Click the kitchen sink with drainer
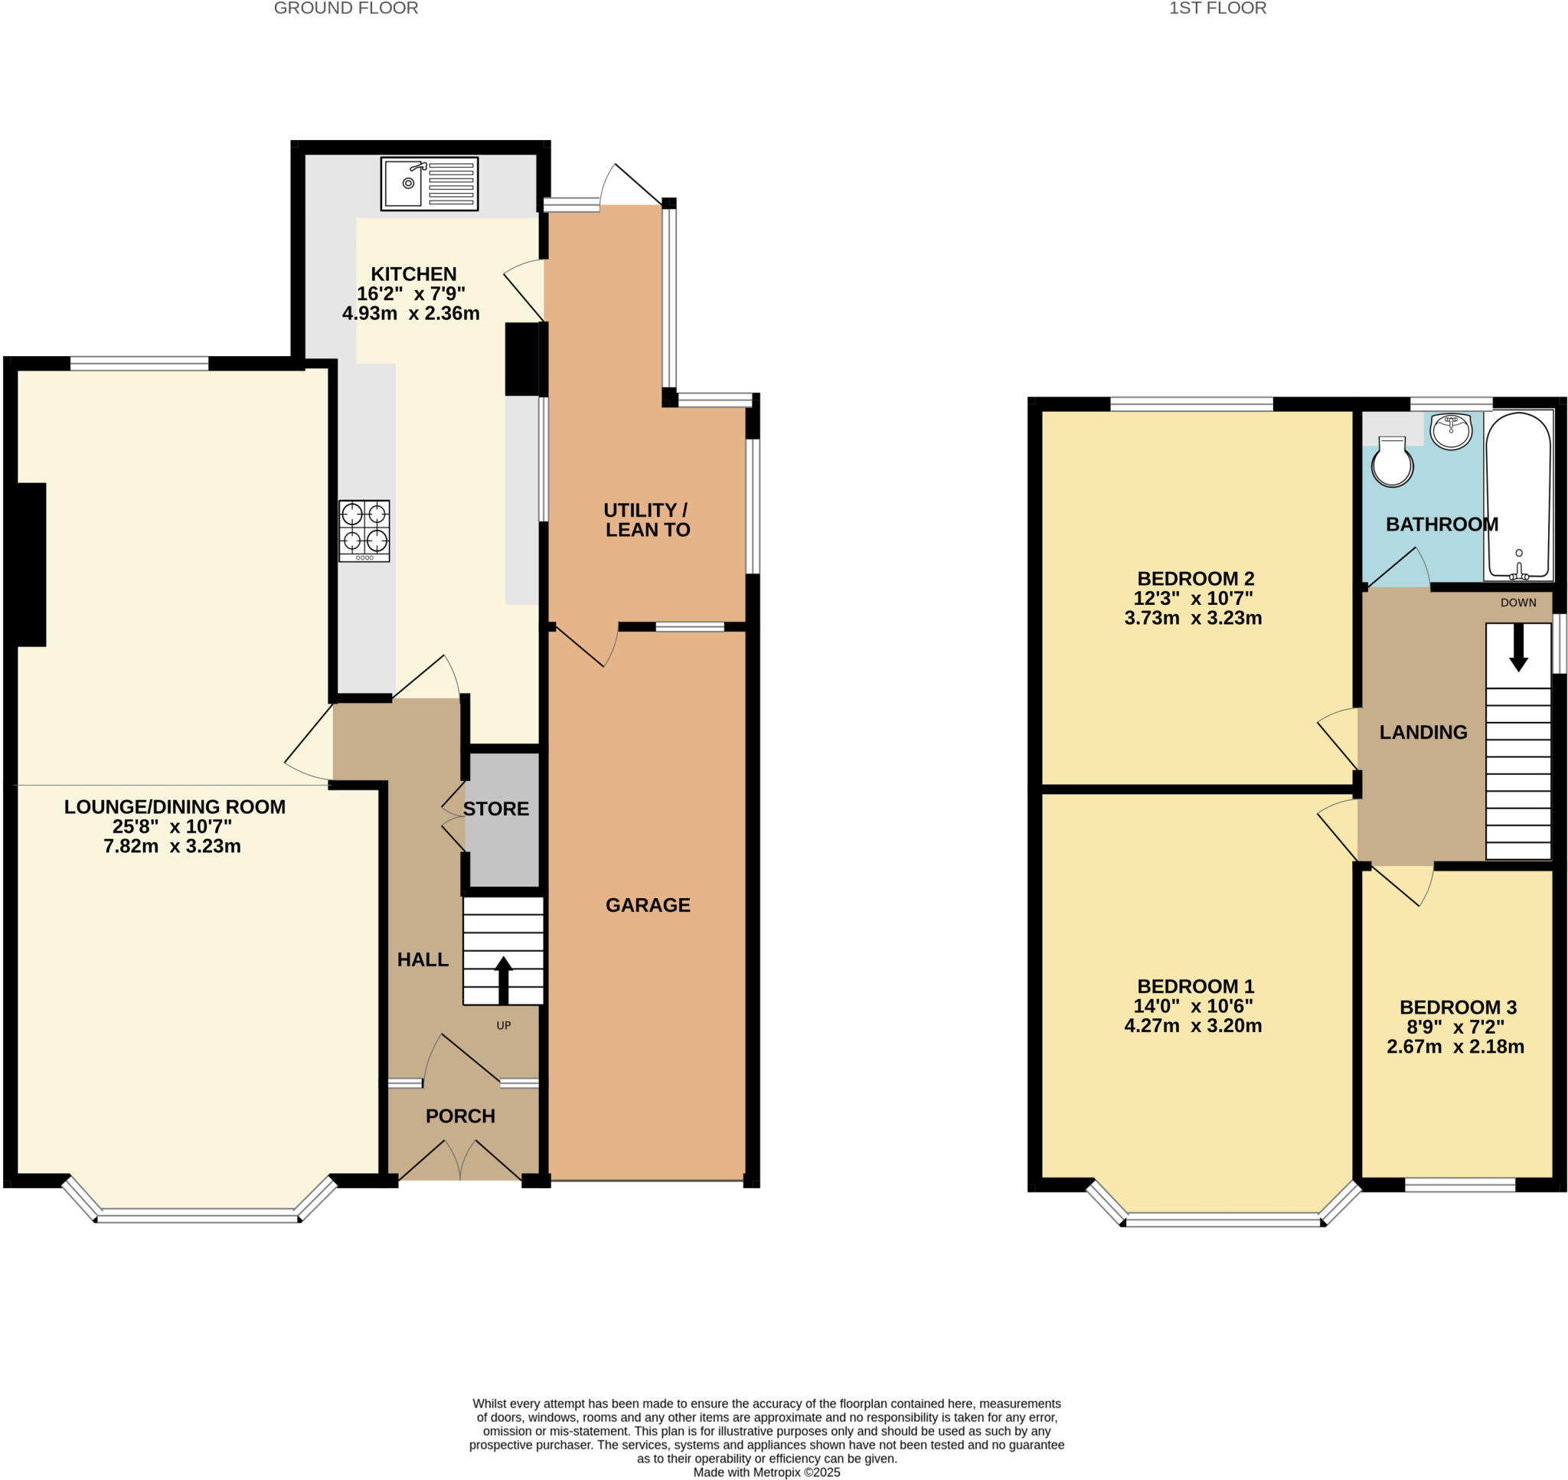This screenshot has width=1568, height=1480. [x=429, y=183]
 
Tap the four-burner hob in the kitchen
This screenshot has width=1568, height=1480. [x=364, y=530]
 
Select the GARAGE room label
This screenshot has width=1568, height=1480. [x=648, y=905]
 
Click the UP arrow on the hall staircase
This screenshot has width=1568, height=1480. [x=503, y=979]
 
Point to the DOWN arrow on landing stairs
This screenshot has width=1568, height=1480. [x=1518, y=651]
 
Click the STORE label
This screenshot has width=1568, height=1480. [x=495, y=809]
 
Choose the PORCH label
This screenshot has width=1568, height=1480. [x=460, y=1116]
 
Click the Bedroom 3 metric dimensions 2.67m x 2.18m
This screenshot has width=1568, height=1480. [x=1455, y=1046]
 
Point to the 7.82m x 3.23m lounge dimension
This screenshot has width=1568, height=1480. [x=172, y=846]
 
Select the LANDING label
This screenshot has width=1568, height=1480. [x=1423, y=732]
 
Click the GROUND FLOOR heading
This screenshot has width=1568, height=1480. [x=345, y=8]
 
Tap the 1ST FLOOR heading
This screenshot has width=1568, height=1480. [x=1217, y=8]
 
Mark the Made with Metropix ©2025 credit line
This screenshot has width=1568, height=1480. [x=766, y=1472]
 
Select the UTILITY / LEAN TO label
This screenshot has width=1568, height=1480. [x=647, y=520]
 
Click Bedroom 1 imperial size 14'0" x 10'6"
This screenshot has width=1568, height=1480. [x=1193, y=1006]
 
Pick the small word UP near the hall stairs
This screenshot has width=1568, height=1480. [x=503, y=1025]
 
